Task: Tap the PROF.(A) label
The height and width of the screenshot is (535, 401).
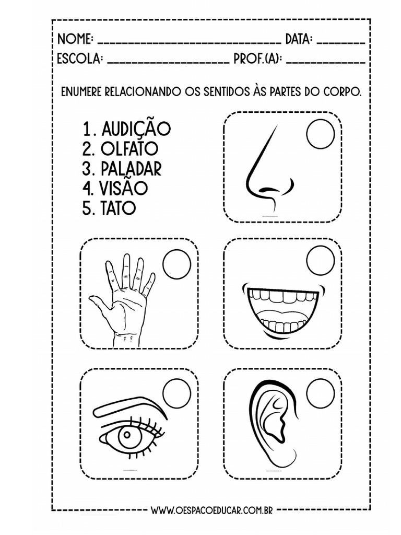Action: click(257, 59)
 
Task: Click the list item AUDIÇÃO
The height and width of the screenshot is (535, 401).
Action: click(136, 129)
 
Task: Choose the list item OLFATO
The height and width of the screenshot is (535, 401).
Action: click(129, 149)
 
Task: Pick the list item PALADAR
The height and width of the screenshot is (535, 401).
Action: click(131, 169)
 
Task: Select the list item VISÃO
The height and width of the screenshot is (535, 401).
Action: click(124, 188)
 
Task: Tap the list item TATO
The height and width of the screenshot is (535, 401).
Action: click(119, 208)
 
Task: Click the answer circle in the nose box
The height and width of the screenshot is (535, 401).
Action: click(320, 134)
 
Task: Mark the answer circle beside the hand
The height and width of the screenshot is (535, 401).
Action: click(176, 264)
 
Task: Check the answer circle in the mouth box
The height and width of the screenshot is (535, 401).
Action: click(320, 260)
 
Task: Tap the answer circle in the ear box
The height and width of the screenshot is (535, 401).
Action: click(320, 393)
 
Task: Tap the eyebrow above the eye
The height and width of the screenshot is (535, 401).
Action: click(131, 403)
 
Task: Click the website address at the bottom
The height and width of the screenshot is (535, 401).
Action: click(211, 510)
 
